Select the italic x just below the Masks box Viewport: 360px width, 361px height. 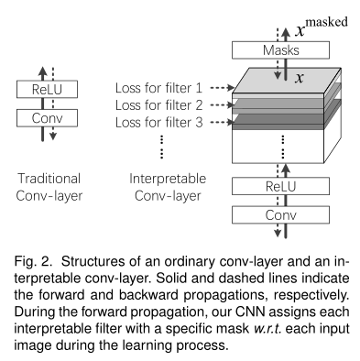(x=299, y=76)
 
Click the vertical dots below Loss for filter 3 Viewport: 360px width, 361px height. (x=161, y=147)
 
